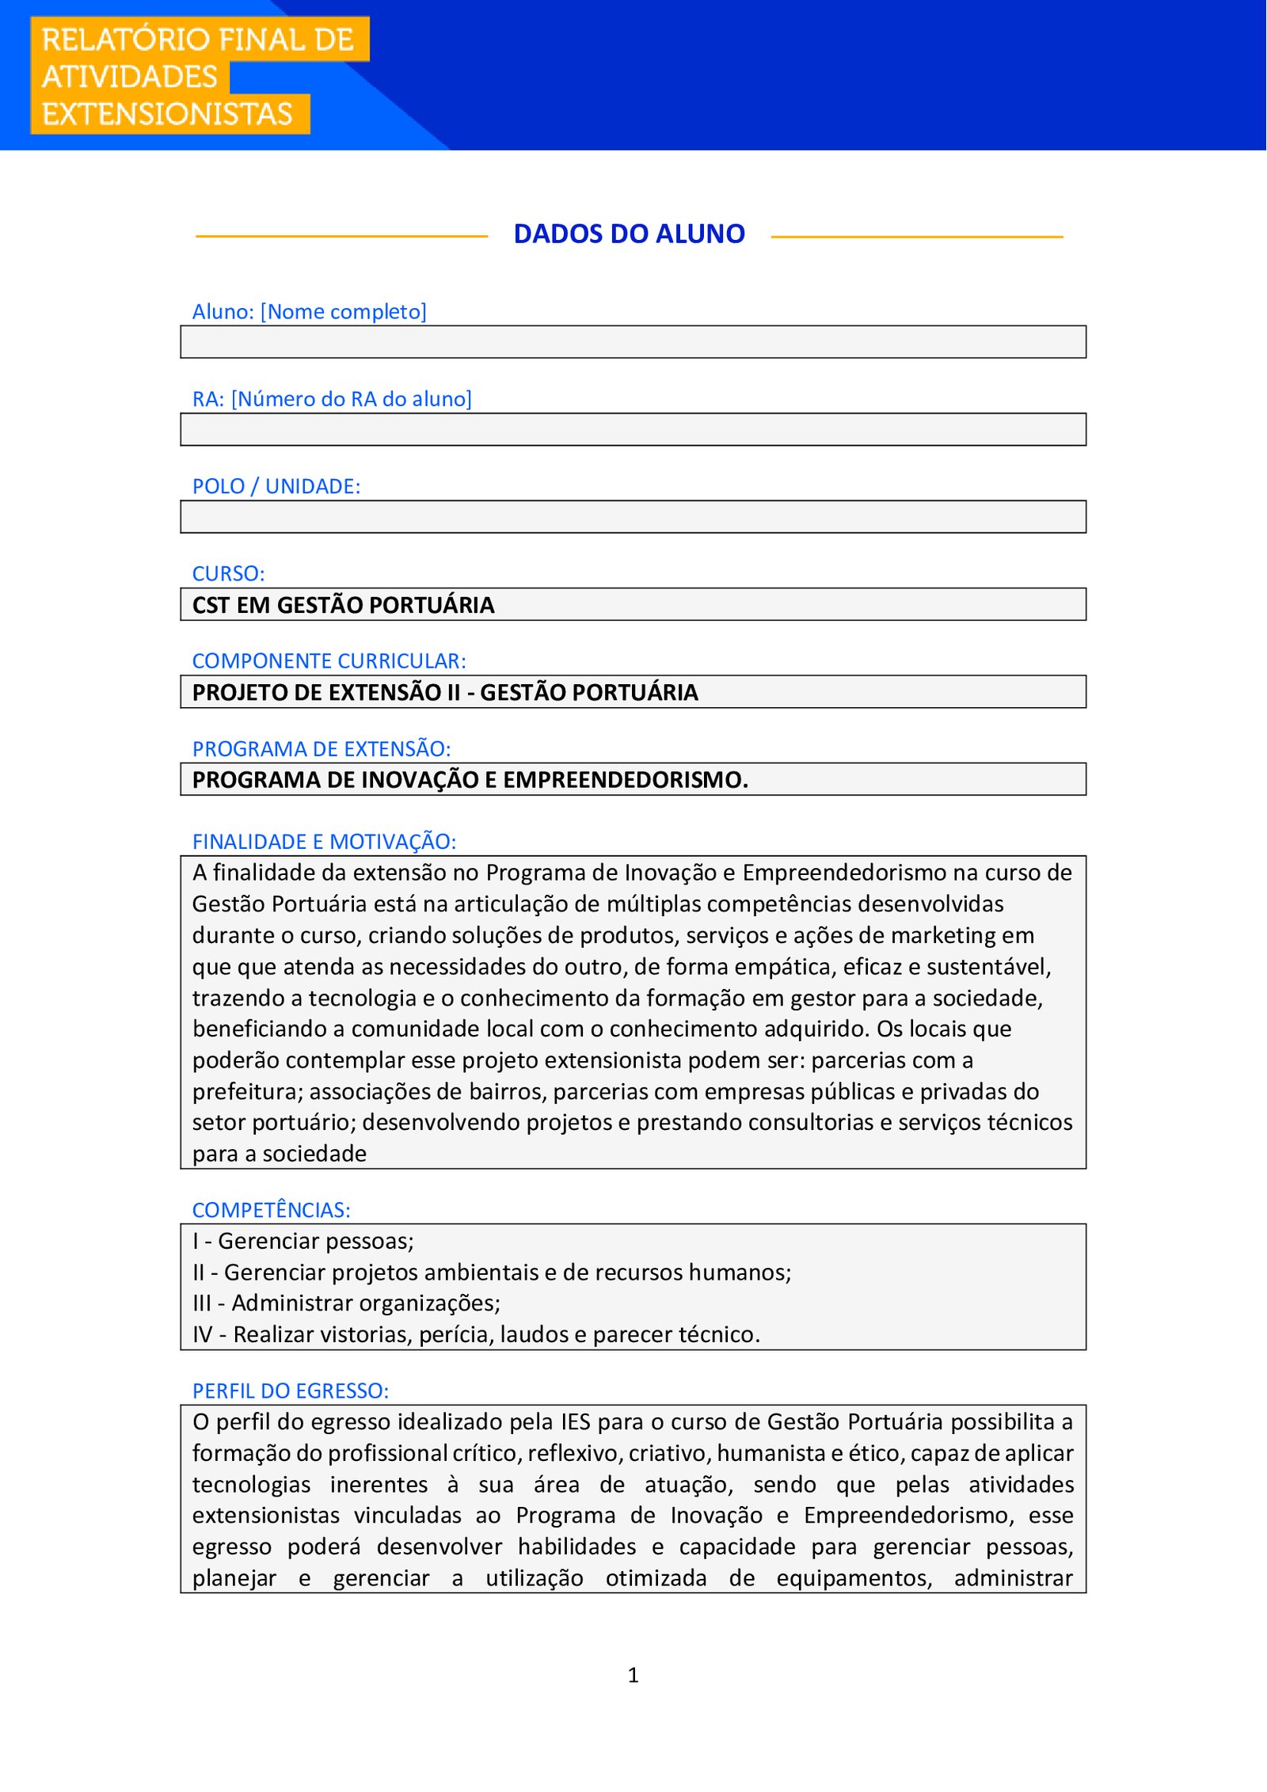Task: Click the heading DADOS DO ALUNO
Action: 629,234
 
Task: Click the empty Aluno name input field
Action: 633,342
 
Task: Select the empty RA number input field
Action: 633,429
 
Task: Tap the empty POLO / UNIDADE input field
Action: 633,516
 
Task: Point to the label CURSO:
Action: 228,573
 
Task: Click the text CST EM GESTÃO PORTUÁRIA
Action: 343,605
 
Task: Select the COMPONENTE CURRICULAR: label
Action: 329,660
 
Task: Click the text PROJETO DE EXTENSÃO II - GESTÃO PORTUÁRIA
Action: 445,692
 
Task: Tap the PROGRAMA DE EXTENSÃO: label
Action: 321,748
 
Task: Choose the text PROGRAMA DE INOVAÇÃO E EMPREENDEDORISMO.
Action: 470,780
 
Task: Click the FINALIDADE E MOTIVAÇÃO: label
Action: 324,841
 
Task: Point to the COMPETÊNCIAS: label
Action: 271,1210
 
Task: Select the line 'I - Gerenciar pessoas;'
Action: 303,1241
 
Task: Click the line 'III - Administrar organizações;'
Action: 346,1303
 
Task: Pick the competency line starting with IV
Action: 476,1334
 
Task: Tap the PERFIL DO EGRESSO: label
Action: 290,1391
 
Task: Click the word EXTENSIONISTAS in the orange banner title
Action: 167,114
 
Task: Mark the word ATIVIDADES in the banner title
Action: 130,77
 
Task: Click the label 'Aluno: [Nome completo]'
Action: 309,311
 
